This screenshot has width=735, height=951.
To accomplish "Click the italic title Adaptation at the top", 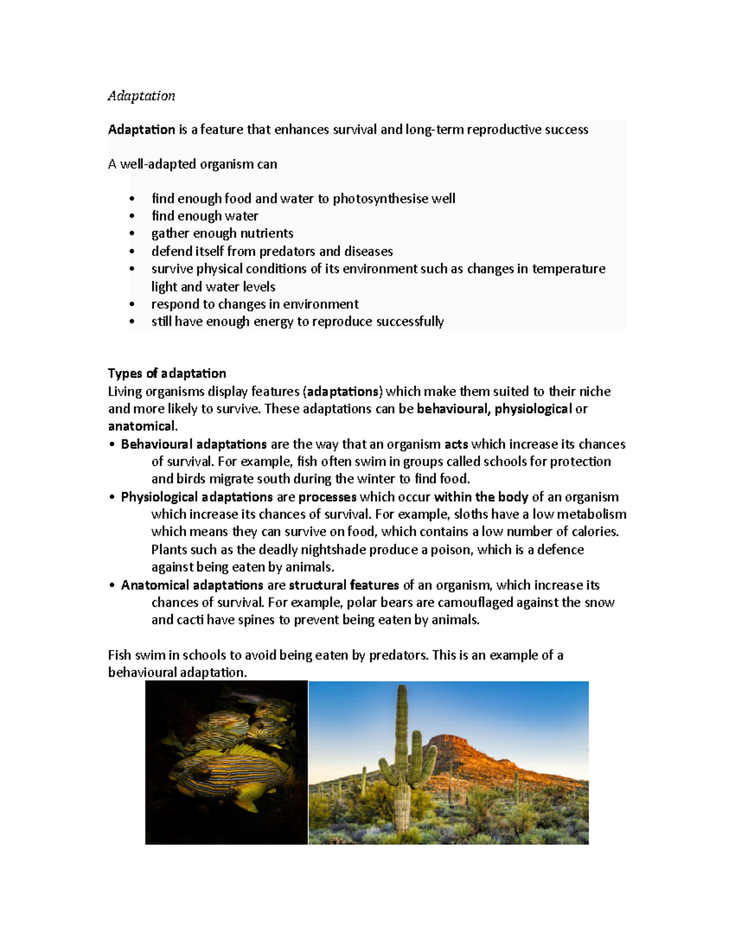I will point(141,96).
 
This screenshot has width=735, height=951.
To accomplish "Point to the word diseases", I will point(368,251).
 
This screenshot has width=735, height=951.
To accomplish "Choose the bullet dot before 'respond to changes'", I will point(132,304).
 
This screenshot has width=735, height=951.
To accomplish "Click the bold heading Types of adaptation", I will point(167,374).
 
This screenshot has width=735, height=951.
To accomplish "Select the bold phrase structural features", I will point(344,585).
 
